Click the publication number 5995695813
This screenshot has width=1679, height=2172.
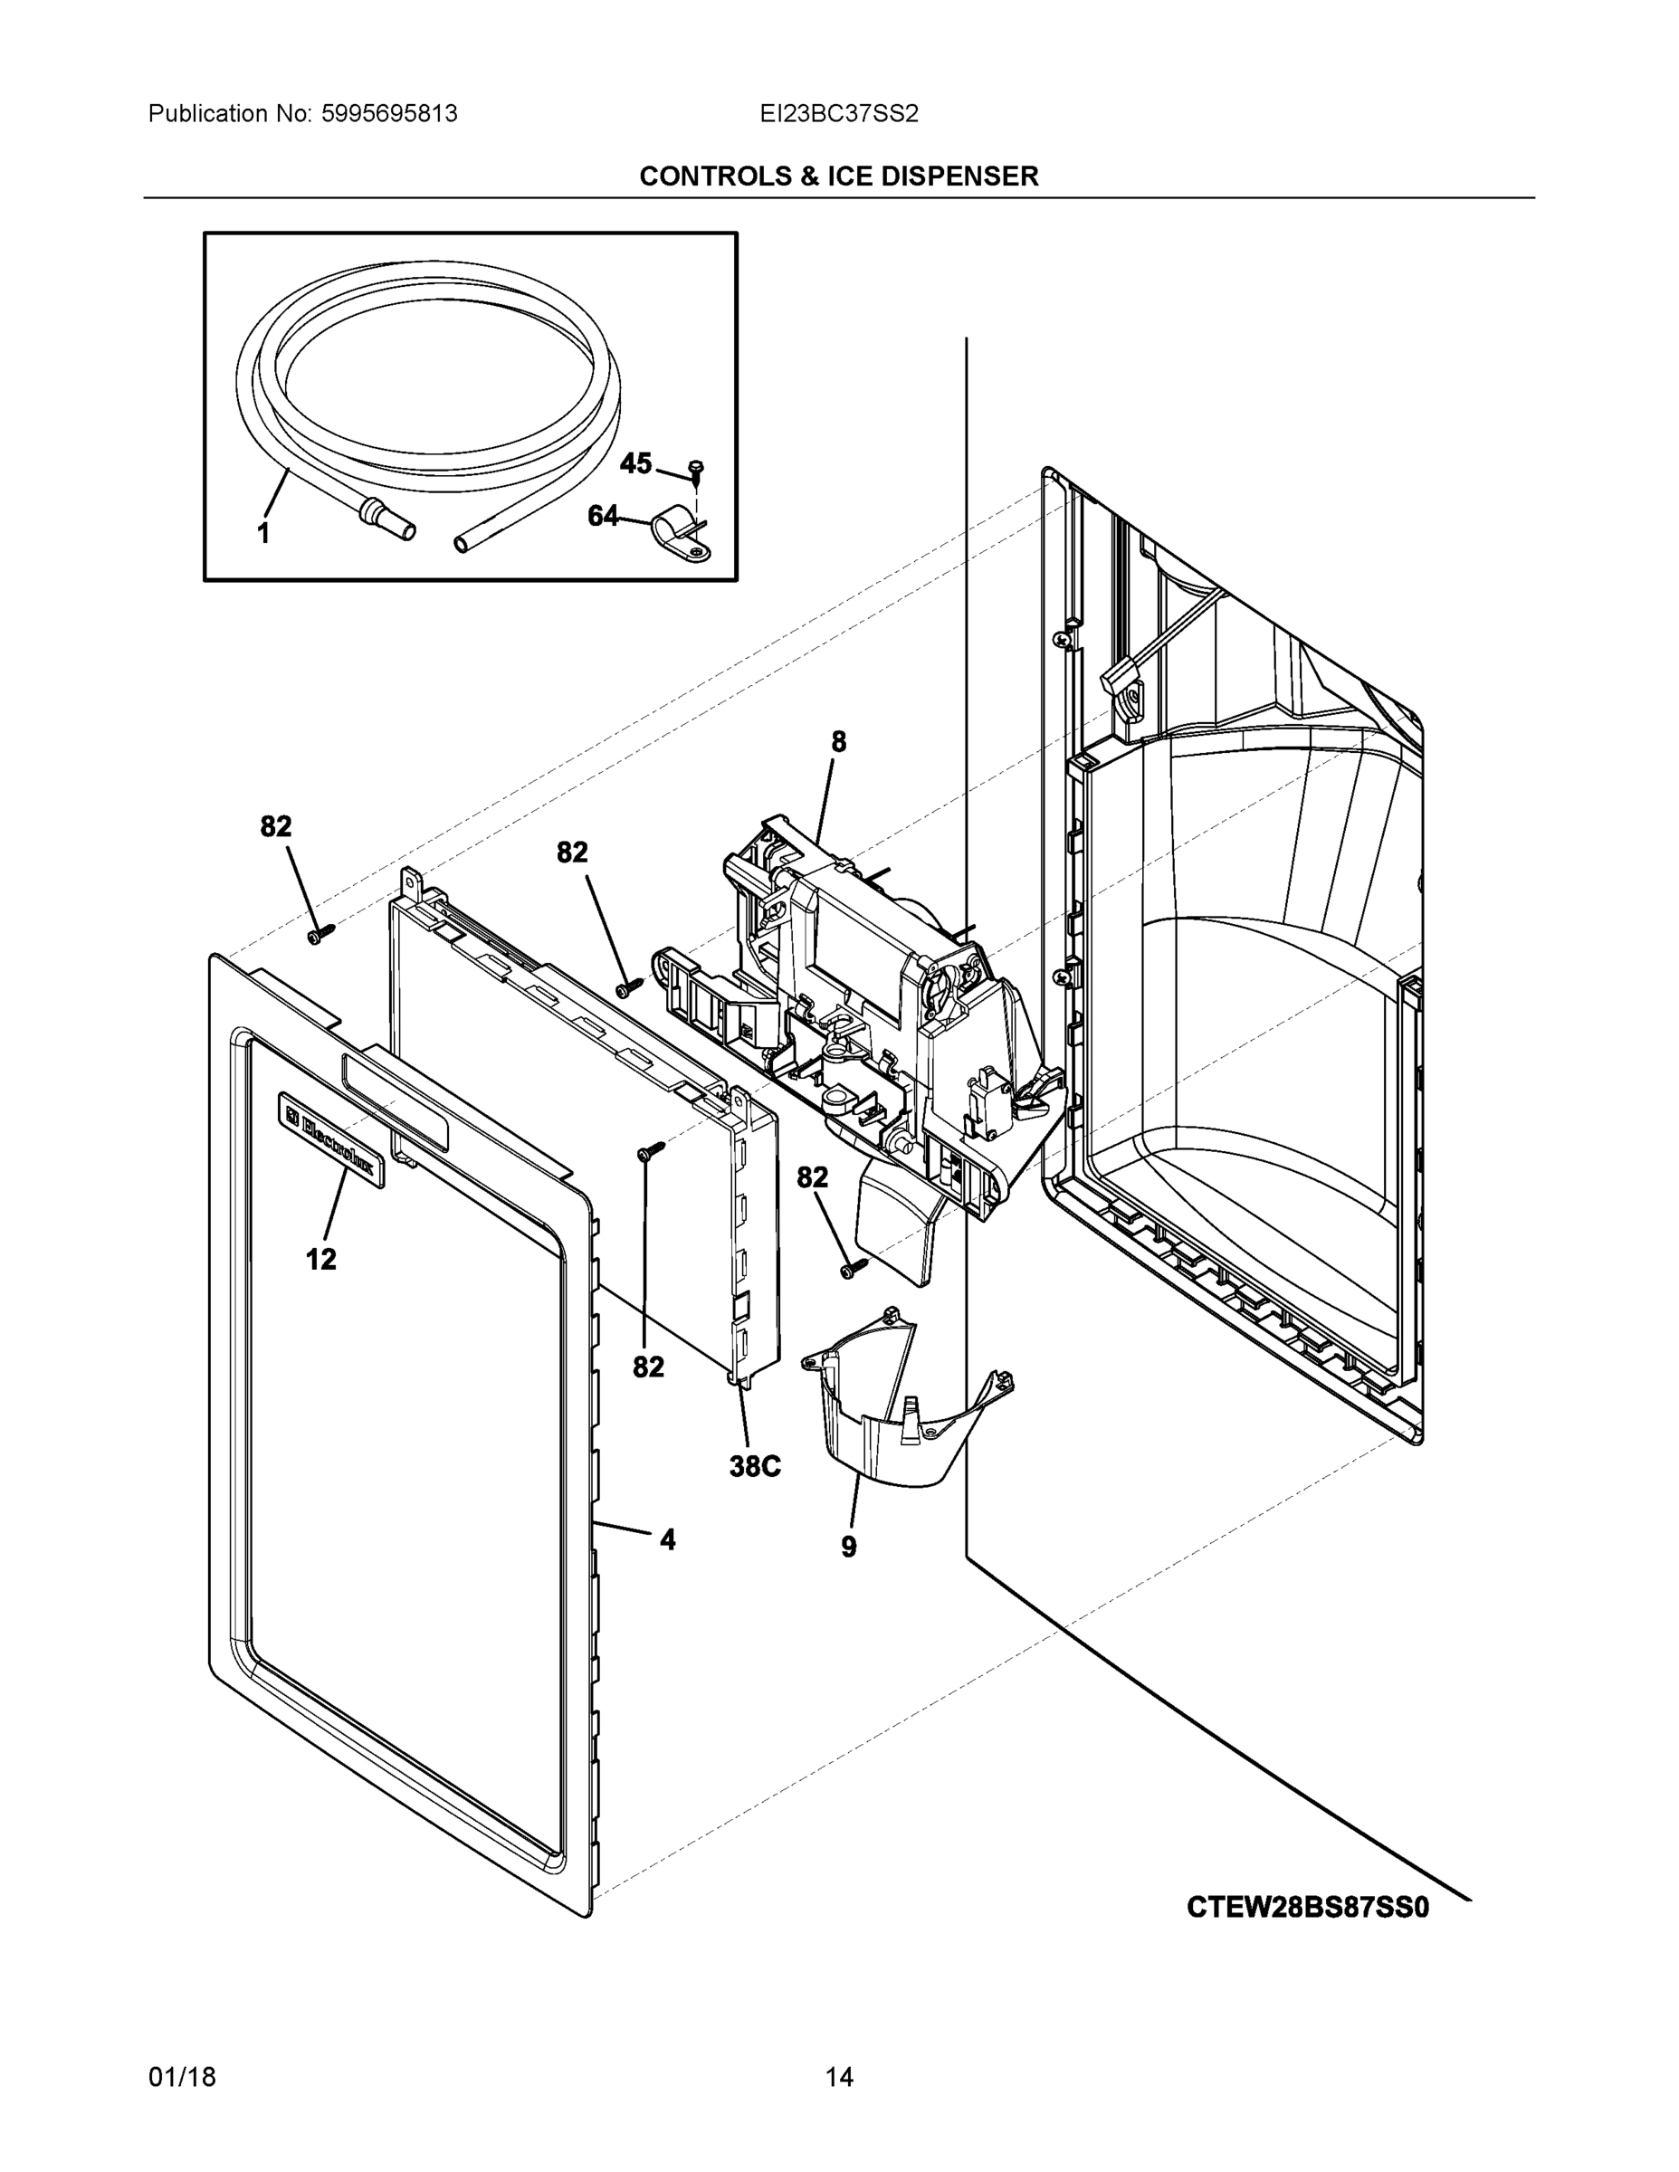point(389,113)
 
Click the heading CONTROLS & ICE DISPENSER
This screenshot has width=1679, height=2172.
point(838,176)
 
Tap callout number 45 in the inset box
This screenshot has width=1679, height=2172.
point(635,463)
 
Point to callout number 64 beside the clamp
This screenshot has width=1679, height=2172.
point(603,516)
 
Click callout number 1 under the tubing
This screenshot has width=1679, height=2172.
point(263,534)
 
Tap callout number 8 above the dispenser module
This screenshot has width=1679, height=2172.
point(838,741)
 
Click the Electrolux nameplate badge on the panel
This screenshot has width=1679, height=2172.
point(330,1137)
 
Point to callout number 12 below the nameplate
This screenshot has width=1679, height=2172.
point(320,1260)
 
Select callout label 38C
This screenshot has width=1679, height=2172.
point(755,1467)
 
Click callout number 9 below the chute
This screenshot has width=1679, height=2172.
point(848,1548)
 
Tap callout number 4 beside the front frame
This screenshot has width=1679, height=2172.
point(667,1540)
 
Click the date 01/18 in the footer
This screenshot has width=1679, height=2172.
point(182,2078)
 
